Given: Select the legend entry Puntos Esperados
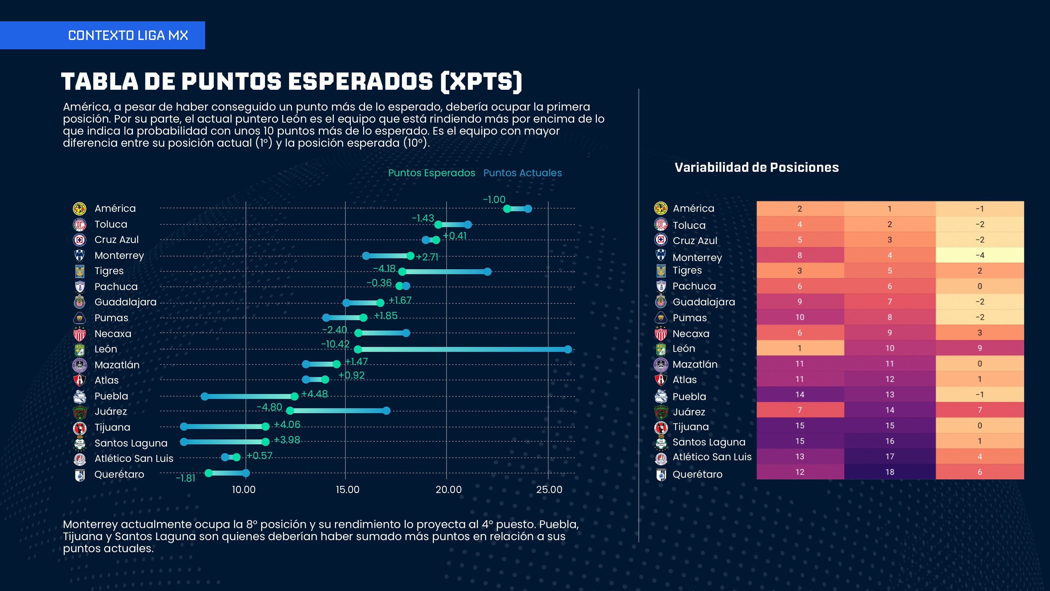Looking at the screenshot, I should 431,173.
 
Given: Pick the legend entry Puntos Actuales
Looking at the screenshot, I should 522,173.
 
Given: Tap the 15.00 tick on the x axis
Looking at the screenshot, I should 347,489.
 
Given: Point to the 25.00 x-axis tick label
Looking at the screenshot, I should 549,489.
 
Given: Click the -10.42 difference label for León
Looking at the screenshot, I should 335,344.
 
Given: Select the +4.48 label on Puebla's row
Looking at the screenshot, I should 314,394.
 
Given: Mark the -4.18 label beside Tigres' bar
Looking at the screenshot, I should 384,268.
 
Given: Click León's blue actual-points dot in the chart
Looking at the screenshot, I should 568,349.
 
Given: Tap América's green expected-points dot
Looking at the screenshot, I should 507,209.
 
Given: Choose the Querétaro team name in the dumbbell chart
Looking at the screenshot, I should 119,474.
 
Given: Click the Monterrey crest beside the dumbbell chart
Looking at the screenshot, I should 80,255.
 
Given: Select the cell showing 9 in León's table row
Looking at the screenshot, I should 979,348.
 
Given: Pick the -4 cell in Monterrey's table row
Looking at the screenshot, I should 979,255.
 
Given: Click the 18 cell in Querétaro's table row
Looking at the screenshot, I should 889,472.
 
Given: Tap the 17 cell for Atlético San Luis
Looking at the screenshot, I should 889,456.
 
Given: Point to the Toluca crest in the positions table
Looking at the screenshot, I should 661,224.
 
